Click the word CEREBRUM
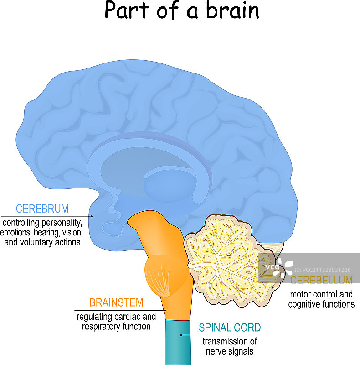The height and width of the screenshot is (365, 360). coord(42,209)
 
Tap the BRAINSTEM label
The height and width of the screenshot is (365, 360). coord(116,302)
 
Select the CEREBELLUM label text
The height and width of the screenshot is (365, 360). coord(321,280)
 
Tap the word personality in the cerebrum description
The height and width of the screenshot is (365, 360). coord(61,223)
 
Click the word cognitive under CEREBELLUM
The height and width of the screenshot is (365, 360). coord(305,304)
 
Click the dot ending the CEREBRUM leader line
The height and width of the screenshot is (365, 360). coord(92,216)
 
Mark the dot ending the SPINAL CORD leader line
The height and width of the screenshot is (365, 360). coord(181,335)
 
